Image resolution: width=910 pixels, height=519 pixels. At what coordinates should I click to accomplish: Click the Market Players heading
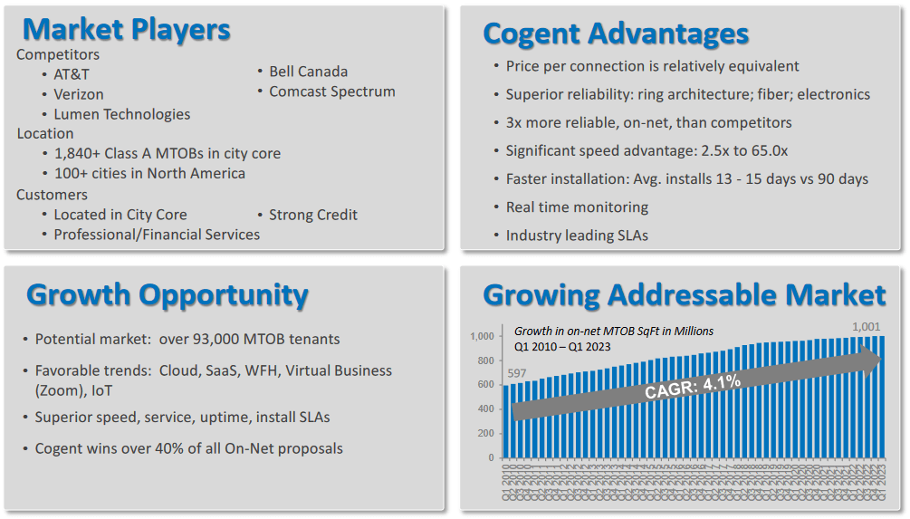pyautogui.click(x=126, y=29)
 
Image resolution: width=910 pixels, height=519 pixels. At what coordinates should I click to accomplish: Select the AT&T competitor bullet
pyautogui.click(x=72, y=74)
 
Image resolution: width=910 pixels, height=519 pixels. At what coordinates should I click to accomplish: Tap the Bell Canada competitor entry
pyautogui.click(x=308, y=72)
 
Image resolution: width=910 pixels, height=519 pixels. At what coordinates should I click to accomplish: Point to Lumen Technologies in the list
pyautogui.click(x=121, y=114)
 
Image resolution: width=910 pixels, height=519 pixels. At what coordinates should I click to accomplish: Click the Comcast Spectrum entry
pyautogui.click(x=331, y=91)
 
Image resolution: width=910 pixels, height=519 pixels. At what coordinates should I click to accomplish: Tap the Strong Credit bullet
pyautogui.click(x=312, y=215)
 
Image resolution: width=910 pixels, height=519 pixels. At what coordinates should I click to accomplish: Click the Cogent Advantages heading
pyautogui.click(x=616, y=34)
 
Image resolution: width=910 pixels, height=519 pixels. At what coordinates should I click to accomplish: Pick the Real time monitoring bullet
pyautogui.click(x=577, y=207)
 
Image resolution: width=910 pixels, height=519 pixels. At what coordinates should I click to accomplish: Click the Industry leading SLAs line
pyautogui.click(x=577, y=235)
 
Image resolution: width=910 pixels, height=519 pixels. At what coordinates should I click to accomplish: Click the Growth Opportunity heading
pyautogui.click(x=168, y=294)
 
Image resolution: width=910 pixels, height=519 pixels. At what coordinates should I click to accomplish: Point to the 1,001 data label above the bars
pyautogui.click(x=866, y=327)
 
